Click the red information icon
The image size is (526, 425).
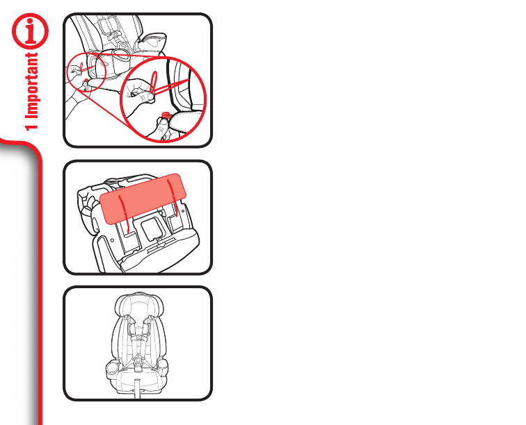30,31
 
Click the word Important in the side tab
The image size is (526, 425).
32,85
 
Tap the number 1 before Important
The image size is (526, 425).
32,126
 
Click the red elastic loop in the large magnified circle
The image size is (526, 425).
153,82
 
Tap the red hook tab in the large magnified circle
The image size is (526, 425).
166,115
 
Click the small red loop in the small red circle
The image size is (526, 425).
81,66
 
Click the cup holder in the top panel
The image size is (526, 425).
152,40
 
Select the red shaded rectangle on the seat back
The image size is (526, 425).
143,199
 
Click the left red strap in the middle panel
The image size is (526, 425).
124,213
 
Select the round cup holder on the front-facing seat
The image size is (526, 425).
112,369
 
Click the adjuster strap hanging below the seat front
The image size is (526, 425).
137,388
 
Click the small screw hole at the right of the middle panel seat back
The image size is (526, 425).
183,211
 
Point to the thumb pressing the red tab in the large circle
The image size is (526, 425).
162,126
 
